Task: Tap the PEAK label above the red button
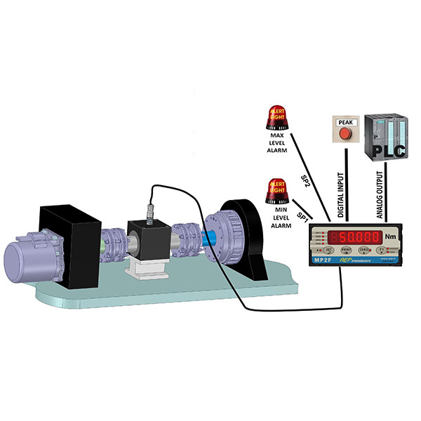[x=345, y=122]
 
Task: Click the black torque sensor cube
[x=147, y=238]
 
